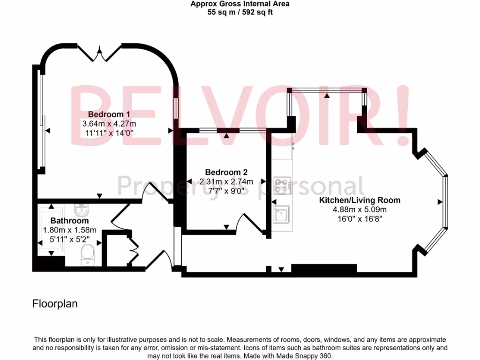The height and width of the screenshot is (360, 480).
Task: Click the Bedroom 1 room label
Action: pos(109,114)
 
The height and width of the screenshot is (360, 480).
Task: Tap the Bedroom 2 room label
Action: pos(226,172)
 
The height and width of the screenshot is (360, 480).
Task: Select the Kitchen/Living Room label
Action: pos(360,200)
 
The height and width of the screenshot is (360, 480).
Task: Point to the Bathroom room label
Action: pos(69,221)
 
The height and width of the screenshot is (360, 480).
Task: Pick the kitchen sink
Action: pos(282,215)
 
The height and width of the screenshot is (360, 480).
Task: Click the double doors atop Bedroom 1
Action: pos(99,54)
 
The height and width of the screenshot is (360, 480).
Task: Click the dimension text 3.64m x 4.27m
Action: pos(109,124)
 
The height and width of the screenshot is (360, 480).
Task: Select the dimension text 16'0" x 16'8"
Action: pos(360,218)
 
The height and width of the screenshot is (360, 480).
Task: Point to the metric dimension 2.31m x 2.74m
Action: pos(226,181)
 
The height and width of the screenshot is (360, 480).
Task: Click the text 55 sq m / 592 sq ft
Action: pos(240,13)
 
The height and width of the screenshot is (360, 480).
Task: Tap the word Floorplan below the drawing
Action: pos(55,304)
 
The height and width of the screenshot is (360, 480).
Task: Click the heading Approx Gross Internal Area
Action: pos(240,4)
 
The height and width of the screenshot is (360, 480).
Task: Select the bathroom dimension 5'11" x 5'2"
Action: pos(69,239)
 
